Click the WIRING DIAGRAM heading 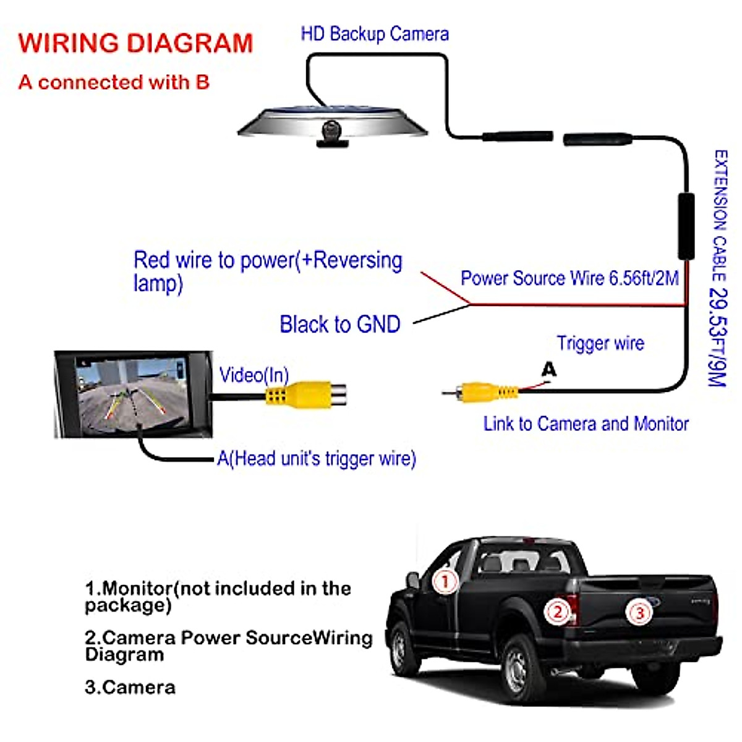pyautogui.click(x=135, y=43)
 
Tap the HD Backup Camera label pyautogui.click(x=375, y=34)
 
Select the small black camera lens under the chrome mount pyautogui.click(x=331, y=130)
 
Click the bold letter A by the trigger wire pyautogui.click(x=548, y=369)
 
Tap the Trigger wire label pyautogui.click(x=600, y=343)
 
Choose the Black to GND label pyautogui.click(x=340, y=324)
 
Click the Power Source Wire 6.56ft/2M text pyautogui.click(x=569, y=278)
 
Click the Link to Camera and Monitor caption pyautogui.click(x=586, y=424)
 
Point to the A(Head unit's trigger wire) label pyautogui.click(x=317, y=459)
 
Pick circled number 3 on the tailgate pyautogui.click(x=639, y=613)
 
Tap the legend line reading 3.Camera pyautogui.click(x=130, y=687)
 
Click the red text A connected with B pyautogui.click(x=114, y=82)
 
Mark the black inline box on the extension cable pyautogui.click(x=686, y=226)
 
